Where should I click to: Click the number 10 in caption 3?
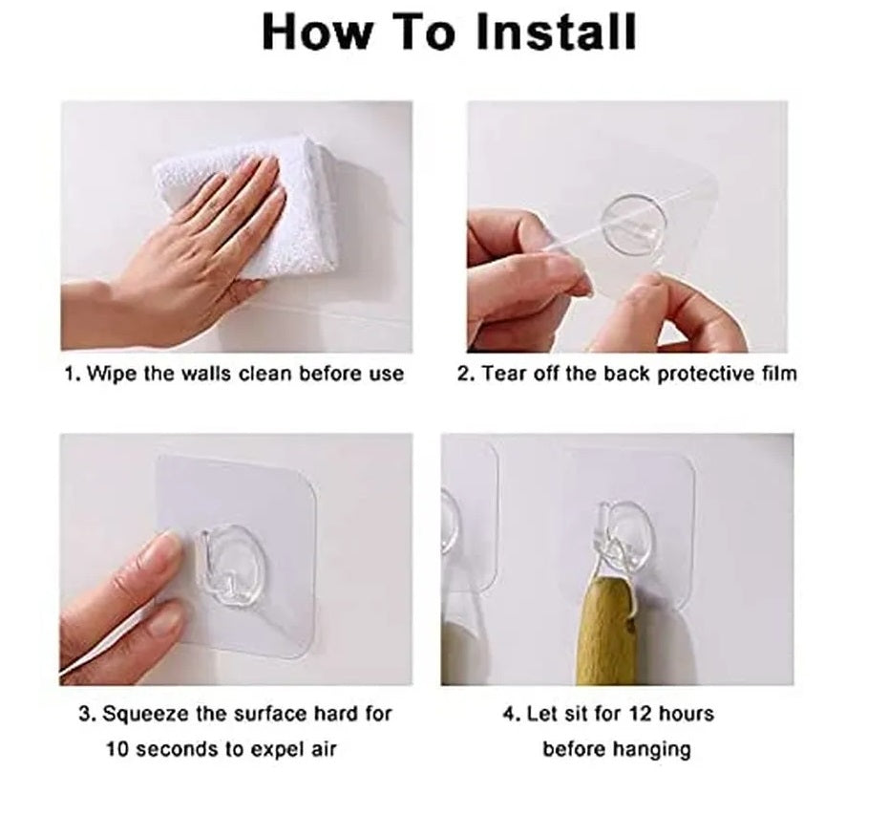tap(117, 749)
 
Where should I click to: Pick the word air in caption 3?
tap(324, 749)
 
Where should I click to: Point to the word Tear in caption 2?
tap(504, 374)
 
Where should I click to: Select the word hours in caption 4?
tap(687, 713)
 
